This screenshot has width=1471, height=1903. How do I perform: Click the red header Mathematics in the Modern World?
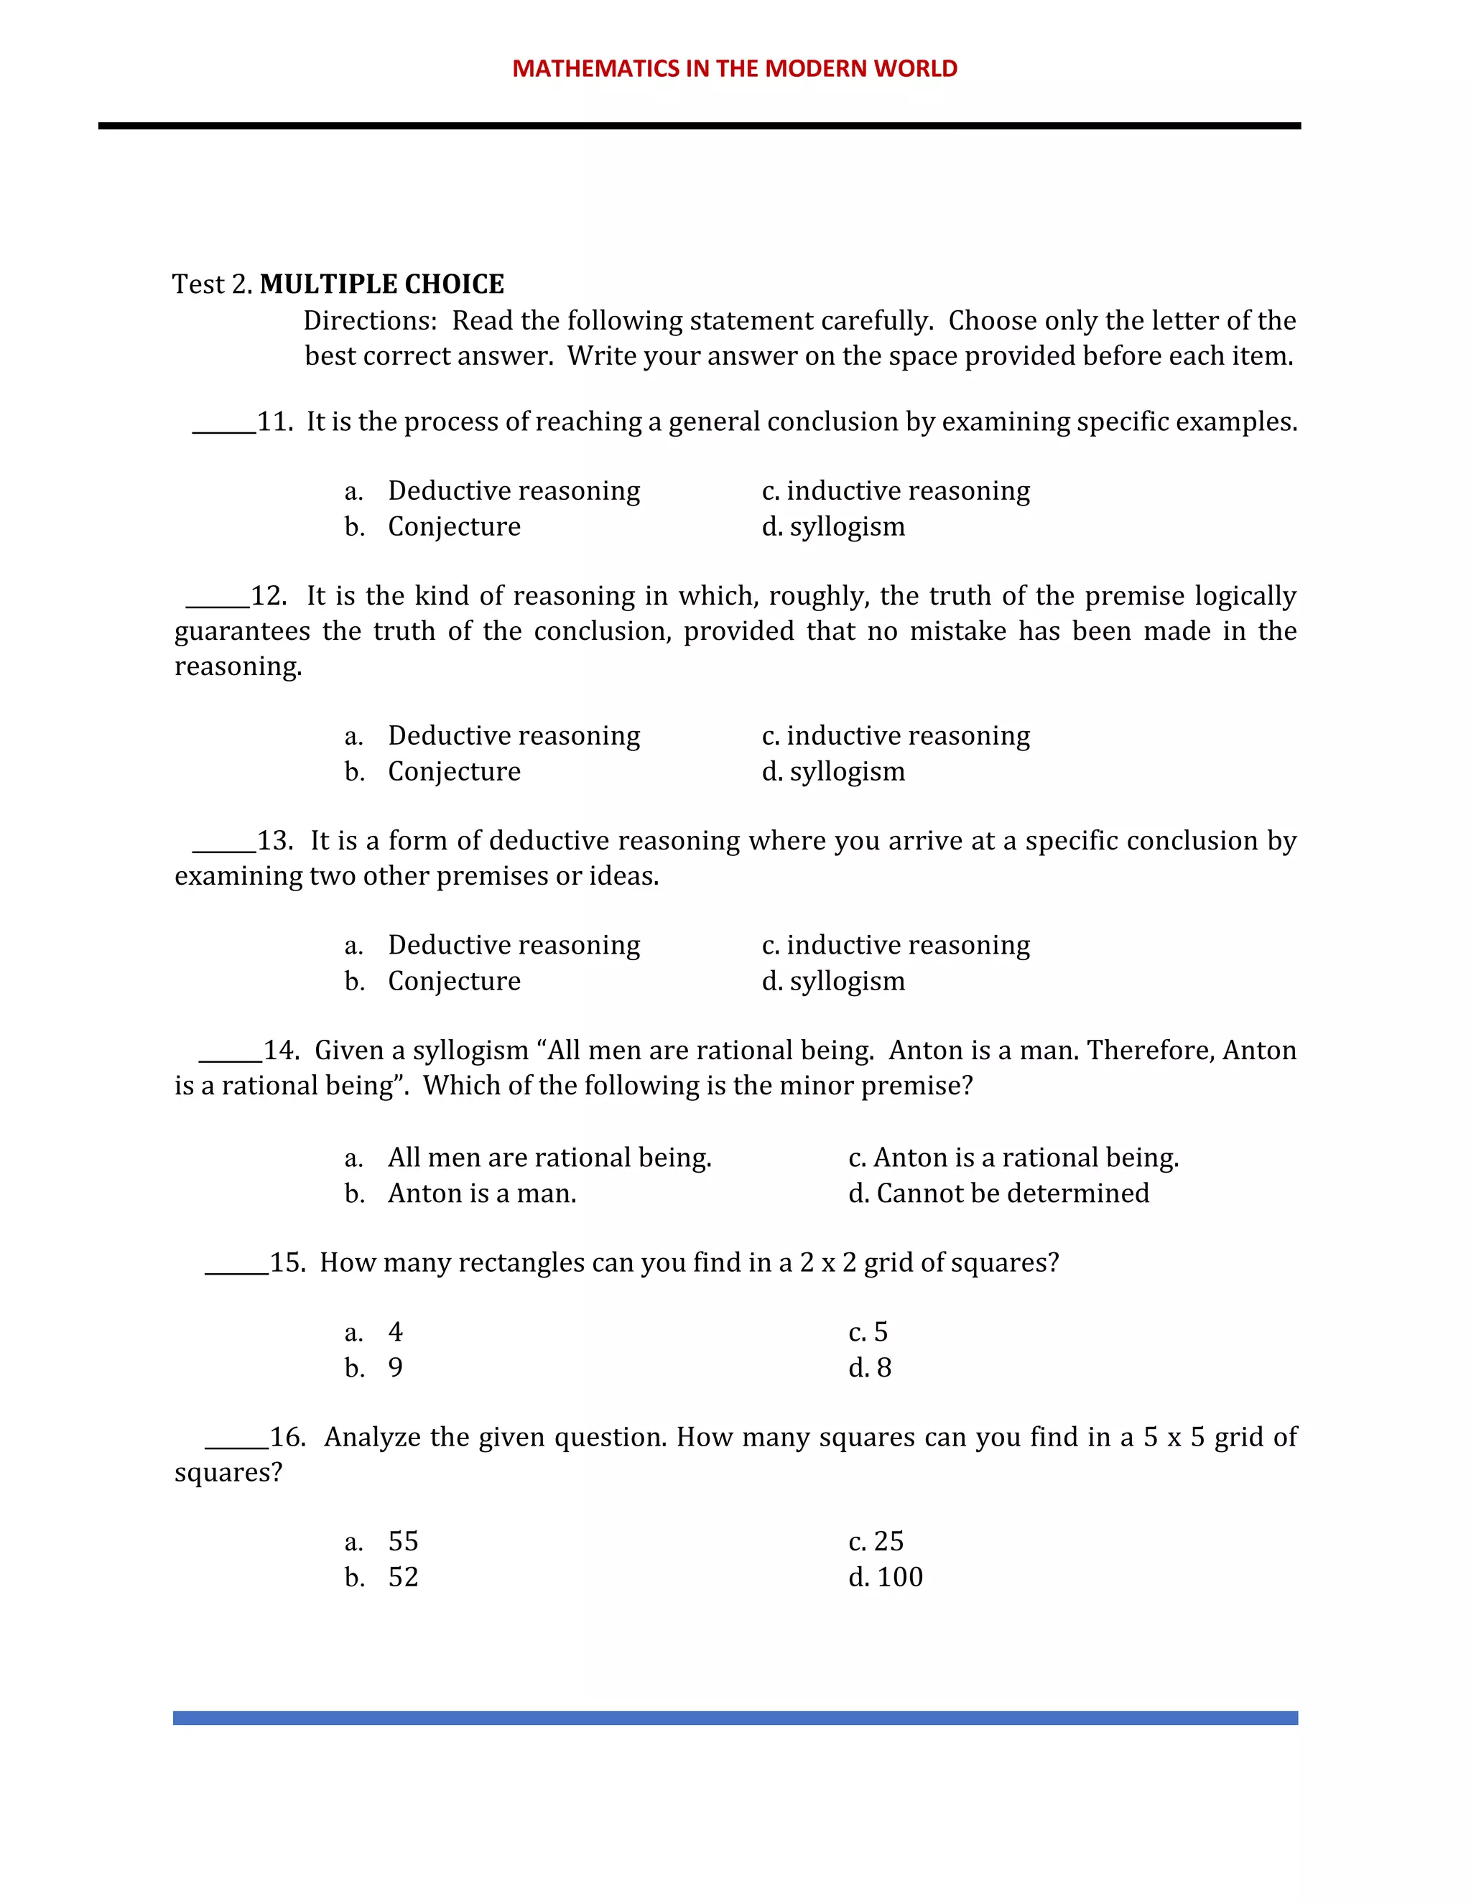coord(735,69)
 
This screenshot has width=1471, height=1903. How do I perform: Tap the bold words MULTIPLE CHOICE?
coord(381,284)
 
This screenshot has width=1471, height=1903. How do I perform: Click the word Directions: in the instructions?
coord(369,321)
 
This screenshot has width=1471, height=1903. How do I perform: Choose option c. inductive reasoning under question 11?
coord(895,490)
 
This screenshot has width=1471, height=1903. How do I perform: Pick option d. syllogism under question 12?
coord(833,771)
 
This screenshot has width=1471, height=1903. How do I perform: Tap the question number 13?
coord(274,841)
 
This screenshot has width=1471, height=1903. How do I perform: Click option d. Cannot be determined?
coord(998,1193)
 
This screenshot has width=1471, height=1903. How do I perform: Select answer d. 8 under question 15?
coord(870,1368)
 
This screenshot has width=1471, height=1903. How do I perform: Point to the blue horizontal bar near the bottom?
coord(735,1718)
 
